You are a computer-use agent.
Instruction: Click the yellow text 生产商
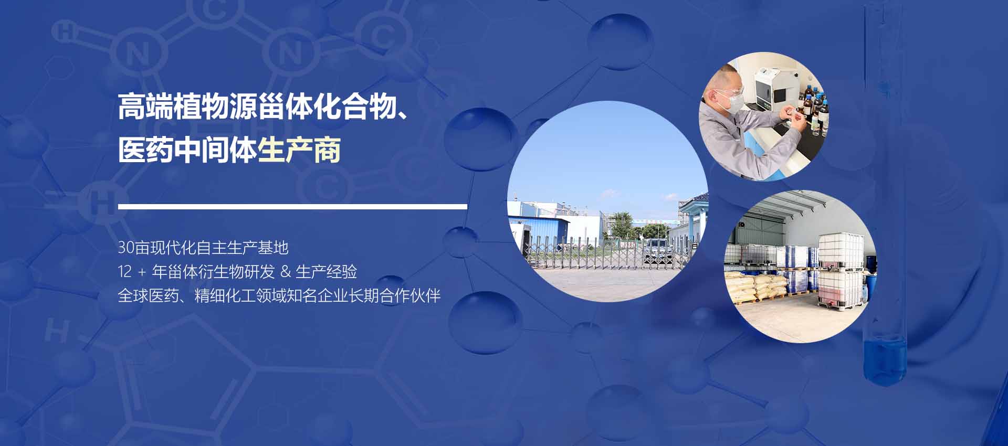coord(299,150)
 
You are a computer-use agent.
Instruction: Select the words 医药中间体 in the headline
coord(187,150)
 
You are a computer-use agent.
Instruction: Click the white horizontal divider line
coord(292,207)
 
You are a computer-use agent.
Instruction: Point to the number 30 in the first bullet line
coord(126,248)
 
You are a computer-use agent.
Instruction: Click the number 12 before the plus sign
coord(125,272)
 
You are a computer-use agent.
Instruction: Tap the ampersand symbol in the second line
coord(286,272)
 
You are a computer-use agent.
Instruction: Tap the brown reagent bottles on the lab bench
coord(813,107)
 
